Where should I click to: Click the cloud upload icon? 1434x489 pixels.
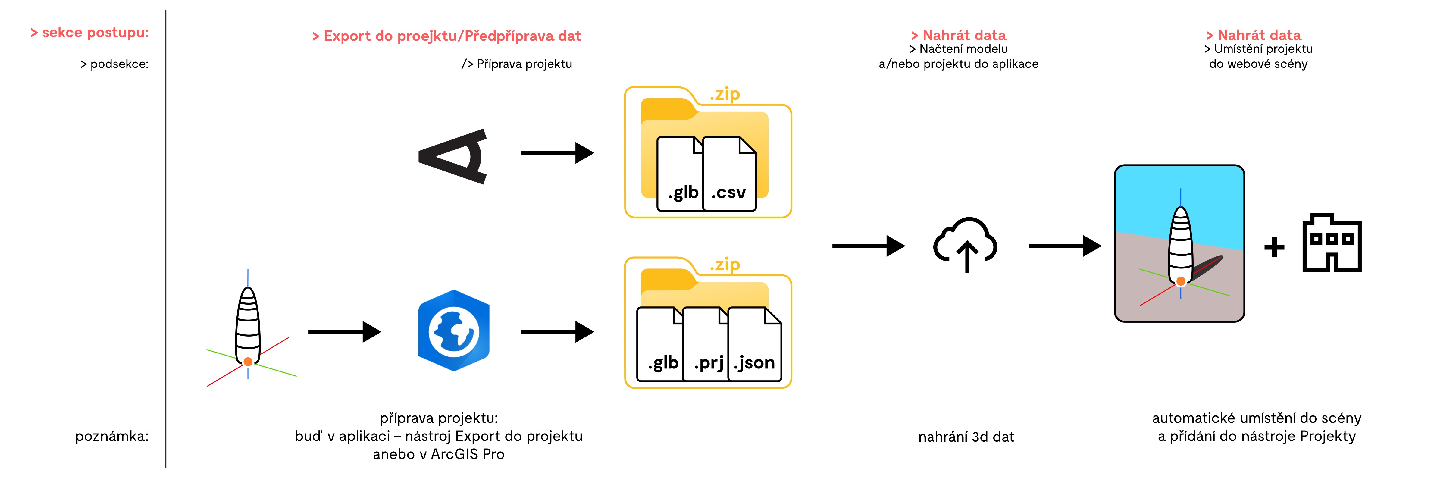966,245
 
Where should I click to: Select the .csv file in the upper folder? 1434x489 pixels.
729,174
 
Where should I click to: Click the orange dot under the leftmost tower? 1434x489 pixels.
248,362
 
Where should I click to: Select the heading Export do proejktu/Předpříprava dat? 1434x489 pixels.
446,36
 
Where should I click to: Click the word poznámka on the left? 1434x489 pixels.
112,436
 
